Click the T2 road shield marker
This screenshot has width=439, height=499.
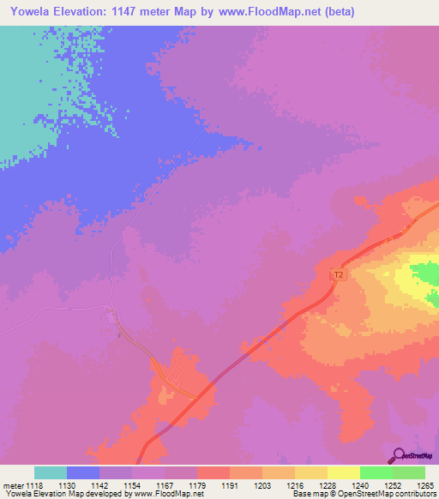(x=338, y=275)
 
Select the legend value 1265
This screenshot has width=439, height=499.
(x=424, y=485)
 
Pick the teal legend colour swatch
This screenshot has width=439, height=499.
(x=51, y=472)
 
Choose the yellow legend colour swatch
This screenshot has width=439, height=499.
(x=344, y=472)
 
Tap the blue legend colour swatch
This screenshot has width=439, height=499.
(x=83, y=472)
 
